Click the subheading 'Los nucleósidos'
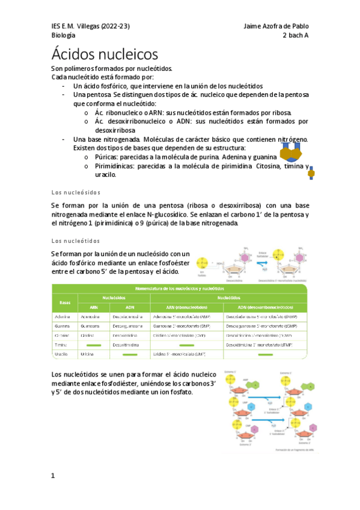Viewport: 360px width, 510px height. pos(76,192)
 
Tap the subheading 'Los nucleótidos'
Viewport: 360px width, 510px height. pos(76,241)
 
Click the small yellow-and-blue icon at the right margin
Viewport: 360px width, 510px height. pos(311,173)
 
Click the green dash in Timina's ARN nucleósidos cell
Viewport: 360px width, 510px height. pos(93,345)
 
